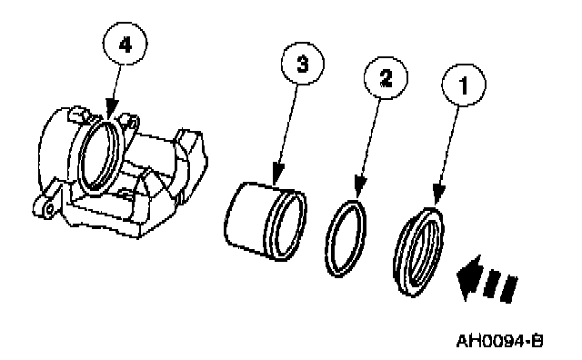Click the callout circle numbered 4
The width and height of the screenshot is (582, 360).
[x=125, y=44]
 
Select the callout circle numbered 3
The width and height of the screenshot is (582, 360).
[x=303, y=64]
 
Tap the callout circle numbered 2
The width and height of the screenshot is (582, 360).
[x=386, y=78]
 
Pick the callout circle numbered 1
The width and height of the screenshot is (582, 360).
[x=464, y=85]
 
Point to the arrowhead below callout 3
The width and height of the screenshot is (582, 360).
[x=277, y=174]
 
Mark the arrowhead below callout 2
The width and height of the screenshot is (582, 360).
[x=360, y=186]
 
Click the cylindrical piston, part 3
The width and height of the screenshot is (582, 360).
[x=266, y=221]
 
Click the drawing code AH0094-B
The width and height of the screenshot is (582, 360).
[x=499, y=341]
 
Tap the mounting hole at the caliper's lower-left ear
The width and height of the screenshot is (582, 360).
[x=48, y=210]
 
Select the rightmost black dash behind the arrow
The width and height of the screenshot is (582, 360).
[x=509, y=289]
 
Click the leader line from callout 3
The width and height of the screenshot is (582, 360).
[x=288, y=124]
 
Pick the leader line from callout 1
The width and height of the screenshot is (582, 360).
[x=448, y=145]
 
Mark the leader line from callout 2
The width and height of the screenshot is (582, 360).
[x=371, y=137]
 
